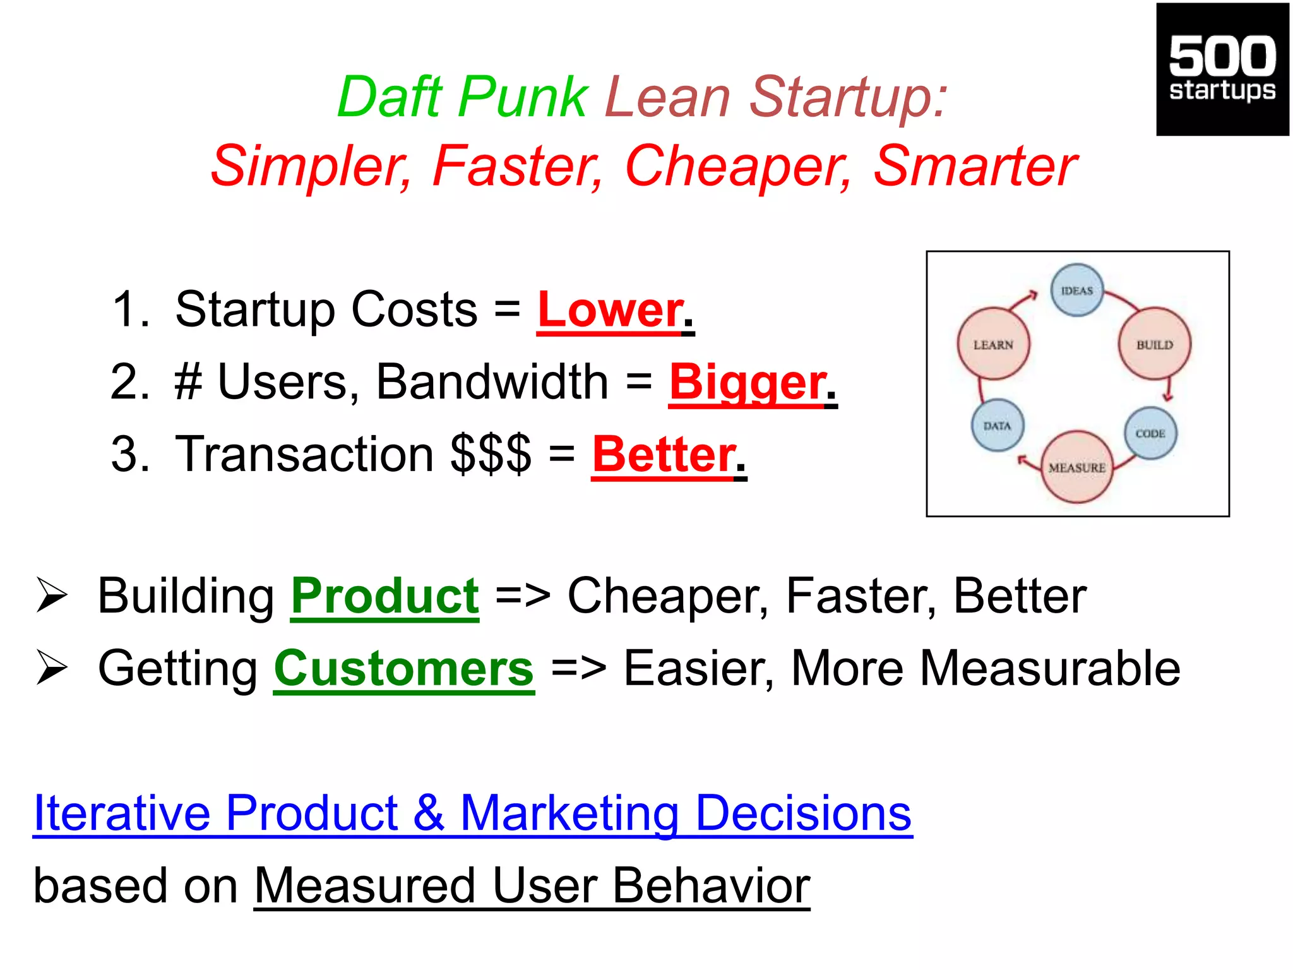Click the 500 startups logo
(x=1222, y=69)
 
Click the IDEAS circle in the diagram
(x=1077, y=290)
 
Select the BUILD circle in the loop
(x=1155, y=344)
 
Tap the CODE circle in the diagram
(x=1150, y=433)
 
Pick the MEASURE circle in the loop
(x=1077, y=467)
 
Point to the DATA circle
(x=997, y=426)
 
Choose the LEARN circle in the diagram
(x=993, y=344)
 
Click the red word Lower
(x=610, y=310)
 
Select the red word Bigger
(x=747, y=383)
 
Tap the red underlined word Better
(x=664, y=455)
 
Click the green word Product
(x=384, y=596)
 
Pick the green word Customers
(x=404, y=669)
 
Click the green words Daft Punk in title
(x=463, y=97)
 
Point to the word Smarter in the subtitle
(x=975, y=165)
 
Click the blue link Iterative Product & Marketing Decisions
(x=472, y=813)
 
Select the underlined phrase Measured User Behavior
(x=532, y=886)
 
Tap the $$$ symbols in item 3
(x=491, y=455)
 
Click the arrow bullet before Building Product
(x=52, y=595)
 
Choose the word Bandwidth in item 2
(x=492, y=382)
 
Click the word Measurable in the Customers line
(x=1049, y=669)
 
